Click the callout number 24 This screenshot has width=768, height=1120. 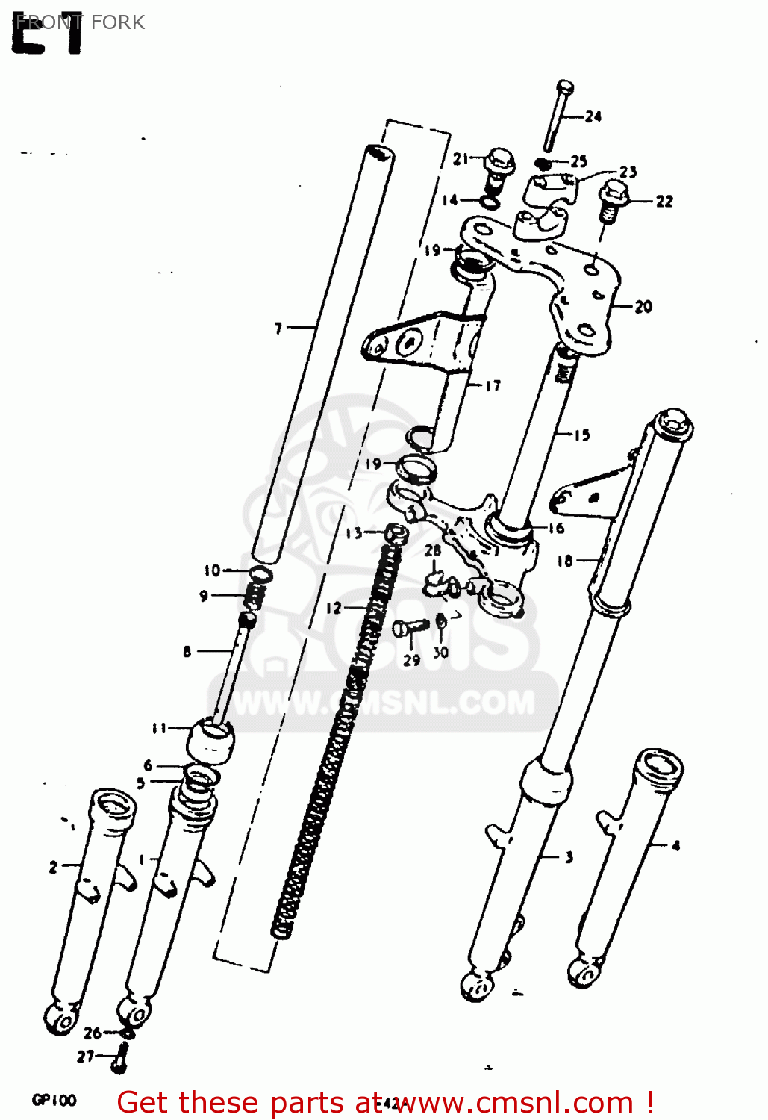[x=593, y=116]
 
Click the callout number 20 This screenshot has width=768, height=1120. [x=643, y=306]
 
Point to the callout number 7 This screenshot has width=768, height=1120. [x=278, y=328]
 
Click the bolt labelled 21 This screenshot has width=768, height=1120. [x=499, y=167]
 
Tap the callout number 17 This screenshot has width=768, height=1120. [x=493, y=386]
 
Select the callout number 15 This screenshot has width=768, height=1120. [x=581, y=435]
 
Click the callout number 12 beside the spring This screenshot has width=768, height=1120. [x=334, y=608]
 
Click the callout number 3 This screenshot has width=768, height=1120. [x=569, y=857]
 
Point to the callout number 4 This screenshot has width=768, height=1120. [x=675, y=846]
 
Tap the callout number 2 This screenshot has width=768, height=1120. [x=53, y=867]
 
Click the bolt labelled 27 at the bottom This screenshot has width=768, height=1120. [x=120, y=1058]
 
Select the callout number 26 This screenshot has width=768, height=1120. [x=93, y=1033]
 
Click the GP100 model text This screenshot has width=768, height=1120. [x=54, y=1100]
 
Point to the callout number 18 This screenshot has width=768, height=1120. [x=565, y=560]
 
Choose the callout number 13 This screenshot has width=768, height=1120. [x=354, y=533]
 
